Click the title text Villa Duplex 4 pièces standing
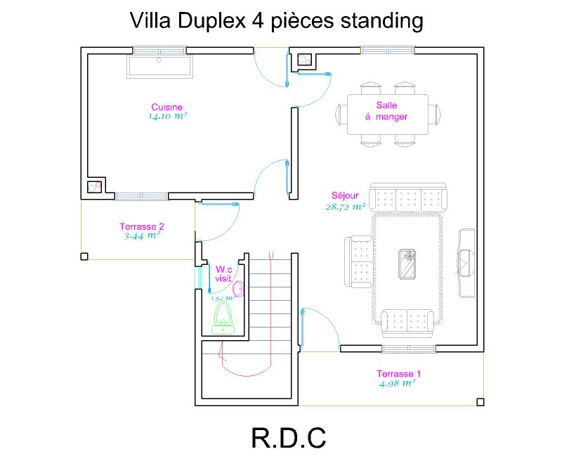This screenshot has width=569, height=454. (x=277, y=21)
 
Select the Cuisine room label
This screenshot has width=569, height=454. (x=167, y=108)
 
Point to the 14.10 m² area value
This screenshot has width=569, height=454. (x=167, y=117)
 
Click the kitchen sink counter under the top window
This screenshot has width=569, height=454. (x=159, y=67)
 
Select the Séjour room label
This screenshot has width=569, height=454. (x=345, y=196)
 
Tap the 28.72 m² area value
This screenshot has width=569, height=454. (x=345, y=207)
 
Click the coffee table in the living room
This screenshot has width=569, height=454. (x=407, y=264)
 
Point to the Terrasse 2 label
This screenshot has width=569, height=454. (x=142, y=226)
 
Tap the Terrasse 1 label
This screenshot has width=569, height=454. (x=398, y=373)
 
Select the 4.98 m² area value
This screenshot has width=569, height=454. (x=397, y=383)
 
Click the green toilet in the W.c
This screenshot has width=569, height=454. (x=224, y=318)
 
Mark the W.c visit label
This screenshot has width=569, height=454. (x=223, y=273)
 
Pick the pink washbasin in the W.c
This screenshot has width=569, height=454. (x=238, y=289)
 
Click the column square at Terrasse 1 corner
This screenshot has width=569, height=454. (x=480, y=402)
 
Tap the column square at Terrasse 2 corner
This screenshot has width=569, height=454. (x=85, y=256)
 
